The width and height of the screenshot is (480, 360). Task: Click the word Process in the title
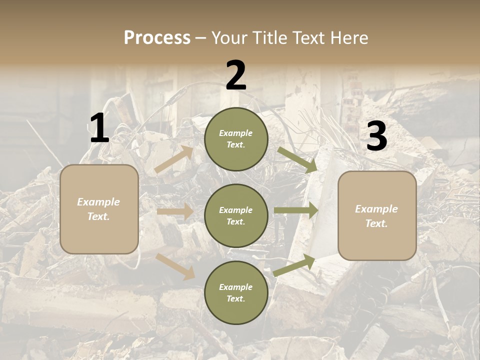coord(157,38)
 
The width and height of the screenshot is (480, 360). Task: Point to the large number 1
coord(99,128)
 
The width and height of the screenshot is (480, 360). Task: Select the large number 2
coord(236,75)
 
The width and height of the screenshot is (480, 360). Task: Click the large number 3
coord(376,136)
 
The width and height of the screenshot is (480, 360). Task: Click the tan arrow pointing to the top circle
coord(174,159)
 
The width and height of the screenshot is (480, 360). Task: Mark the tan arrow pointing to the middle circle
coord(175,212)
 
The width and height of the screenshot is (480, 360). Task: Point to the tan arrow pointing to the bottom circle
coord(175,266)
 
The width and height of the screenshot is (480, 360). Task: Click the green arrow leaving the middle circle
coord(295,210)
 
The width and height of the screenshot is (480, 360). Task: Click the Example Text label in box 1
coord(98,209)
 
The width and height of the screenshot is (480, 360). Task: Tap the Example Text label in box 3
coord(376,216)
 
